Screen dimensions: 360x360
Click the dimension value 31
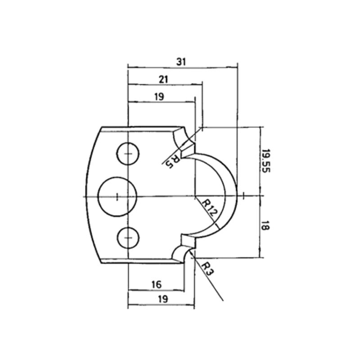[181, 62]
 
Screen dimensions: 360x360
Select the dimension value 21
[163, 80]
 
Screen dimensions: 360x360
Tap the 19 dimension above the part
[159, 97]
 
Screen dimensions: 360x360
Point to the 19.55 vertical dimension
[266, 161]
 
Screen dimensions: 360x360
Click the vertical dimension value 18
[265, 225]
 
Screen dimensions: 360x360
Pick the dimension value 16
[157, 285]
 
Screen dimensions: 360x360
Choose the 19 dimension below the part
[163, 299]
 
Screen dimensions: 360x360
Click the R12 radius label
[209, 208]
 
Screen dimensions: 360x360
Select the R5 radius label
[173, 162]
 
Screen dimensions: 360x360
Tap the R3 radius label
[207, 269]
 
